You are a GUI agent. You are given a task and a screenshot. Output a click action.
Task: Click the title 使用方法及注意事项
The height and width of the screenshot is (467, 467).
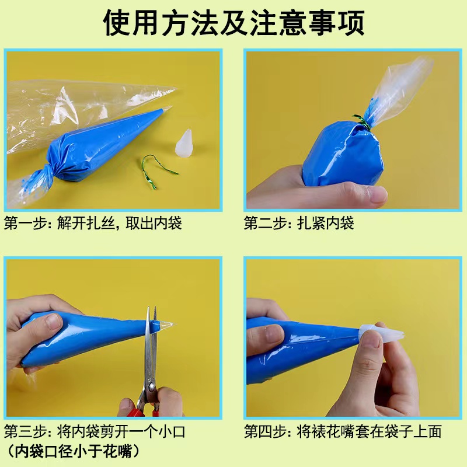tap(234, 23)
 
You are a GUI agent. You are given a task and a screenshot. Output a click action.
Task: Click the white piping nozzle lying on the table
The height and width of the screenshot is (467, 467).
tap(184, 143)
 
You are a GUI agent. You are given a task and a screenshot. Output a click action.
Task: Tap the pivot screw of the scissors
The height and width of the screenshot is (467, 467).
tap(151, 387)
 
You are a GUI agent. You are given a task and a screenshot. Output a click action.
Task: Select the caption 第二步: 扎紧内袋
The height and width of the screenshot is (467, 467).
tap(299, 223)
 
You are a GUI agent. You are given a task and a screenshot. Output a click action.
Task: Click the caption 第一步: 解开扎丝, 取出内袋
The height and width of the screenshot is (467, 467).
tap(93, 223)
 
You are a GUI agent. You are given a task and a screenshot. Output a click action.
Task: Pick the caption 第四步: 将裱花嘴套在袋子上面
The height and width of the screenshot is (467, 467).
tap(343, 431)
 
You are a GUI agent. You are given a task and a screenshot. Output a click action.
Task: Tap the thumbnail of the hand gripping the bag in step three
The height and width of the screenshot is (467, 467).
tap(54, 322)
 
